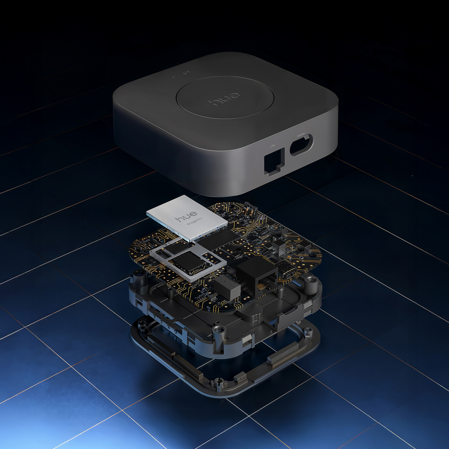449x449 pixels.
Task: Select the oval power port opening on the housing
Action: pyautogui.click(x=301, y=144)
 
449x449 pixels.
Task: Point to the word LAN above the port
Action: pyautogui.click(x=273, y=145)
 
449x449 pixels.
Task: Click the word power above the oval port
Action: pyautogui.click(x=301, y=135)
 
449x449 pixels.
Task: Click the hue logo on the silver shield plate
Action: pyautogui.click(x=186, y=216)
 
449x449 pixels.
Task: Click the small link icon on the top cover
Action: pyautogui.click(x=186, y=74)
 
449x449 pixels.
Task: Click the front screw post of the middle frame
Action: pyautogui.click(x=219, y=331)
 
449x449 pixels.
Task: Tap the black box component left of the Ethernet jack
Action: pyautogui.click(x=227, y=287)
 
